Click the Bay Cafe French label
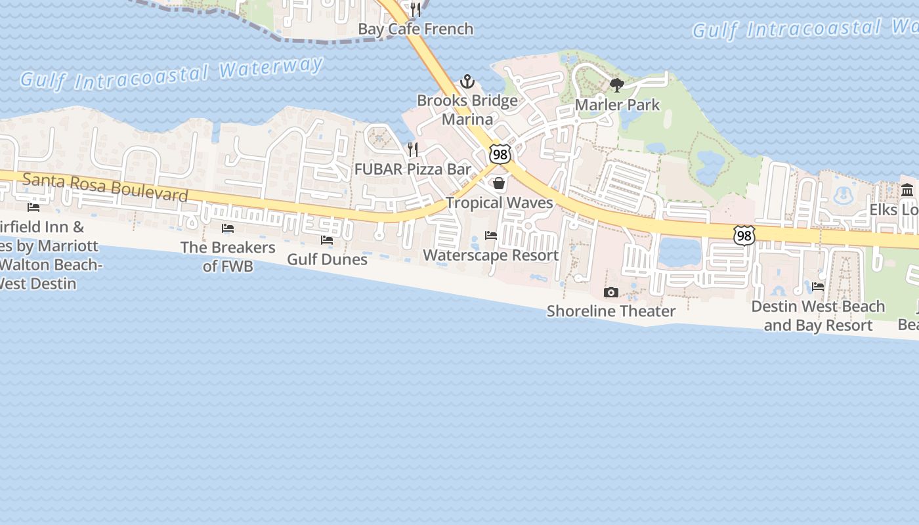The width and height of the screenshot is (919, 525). (x=416, y=29)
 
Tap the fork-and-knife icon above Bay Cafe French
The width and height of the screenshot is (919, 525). (x=415, y=9)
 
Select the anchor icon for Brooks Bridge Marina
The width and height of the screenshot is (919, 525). (x=467, y=81)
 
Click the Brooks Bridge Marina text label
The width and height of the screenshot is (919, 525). (x=467, y=110)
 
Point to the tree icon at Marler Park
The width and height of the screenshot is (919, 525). (x=616, y=85)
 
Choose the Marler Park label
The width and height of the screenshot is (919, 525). (x=617, y=104)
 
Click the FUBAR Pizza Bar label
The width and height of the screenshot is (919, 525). (x=413, y=169)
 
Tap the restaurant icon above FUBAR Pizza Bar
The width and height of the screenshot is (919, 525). (x=413, y=150)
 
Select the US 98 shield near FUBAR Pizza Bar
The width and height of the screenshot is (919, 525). (x=500, y=154)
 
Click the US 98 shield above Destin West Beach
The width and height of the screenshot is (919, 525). (x=744, y=235)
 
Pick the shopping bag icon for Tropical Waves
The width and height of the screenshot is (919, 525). (x=499, y=183)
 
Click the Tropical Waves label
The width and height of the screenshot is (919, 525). (x=500, y=203)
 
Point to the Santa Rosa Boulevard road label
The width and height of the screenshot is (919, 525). (x=105, y=186)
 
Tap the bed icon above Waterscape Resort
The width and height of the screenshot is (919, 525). (x=491, y=236)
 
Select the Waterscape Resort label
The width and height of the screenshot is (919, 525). (x=491, y=255)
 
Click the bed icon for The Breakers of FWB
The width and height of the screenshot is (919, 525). (x=228, y=228)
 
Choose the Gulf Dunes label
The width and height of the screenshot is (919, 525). (x=327, y=259)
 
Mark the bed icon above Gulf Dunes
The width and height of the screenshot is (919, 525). (x=327, y=240)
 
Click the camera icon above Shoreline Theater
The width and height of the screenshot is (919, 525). (x=611, y=292)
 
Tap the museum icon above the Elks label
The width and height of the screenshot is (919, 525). (x=907, y=190)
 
